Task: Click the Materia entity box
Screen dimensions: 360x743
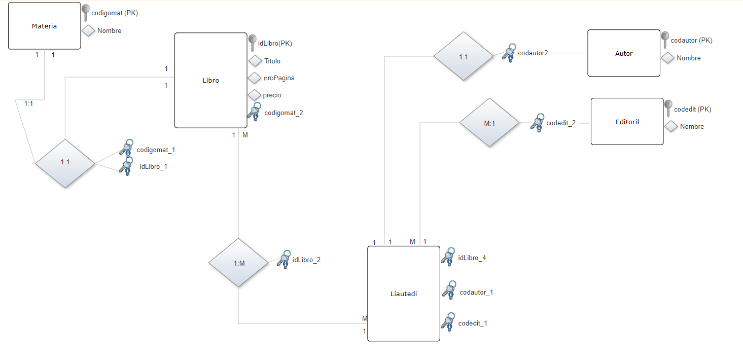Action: [x=45, y=26]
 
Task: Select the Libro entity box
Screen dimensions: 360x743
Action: [x=211, y=80]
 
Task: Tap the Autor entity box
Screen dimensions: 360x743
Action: [x=624, y=53]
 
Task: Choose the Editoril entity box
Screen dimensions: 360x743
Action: [x=627, y=122]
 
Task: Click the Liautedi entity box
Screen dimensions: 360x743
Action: [x=404, y=294]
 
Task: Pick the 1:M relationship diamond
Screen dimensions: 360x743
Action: [x=238, y=263]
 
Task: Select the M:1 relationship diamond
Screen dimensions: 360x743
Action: [x=489, y=123]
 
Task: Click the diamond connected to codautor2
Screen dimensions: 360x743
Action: [x=464, y=56]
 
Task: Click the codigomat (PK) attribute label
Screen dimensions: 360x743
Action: [x=115, y=13]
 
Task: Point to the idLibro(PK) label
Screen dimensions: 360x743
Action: [x=275, y=43]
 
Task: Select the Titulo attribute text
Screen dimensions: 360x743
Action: [x=272, y=61]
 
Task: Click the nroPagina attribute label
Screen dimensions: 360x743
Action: [x=279, y=78]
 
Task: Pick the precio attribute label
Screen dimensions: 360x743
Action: [x=272, y=95]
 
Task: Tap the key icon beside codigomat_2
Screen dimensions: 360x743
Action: [x=254, y=112]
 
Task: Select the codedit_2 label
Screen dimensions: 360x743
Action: [x=561, y=123]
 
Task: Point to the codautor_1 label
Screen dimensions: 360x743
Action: [x=476, y=292]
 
